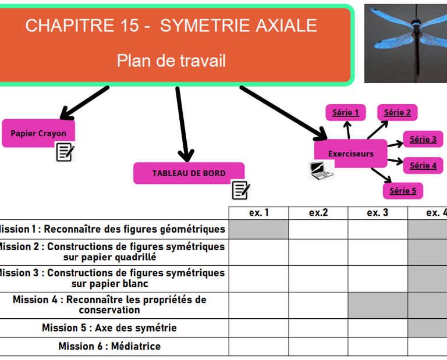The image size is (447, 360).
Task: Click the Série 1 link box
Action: (x=346, y=113)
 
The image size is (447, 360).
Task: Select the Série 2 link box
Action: (x=398, y=112)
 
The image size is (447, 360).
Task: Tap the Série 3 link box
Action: (x=423, y=139)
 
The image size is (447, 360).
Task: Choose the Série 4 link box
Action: (x=423, y=165)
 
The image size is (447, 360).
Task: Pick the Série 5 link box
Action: (x=403, y=190)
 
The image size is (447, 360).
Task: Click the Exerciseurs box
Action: (x=350, y=154)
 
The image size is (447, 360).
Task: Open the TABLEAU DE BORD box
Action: (x=189, y=173)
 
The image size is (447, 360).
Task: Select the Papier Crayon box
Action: (x=38, y=133)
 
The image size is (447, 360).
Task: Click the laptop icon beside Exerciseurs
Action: (x=320, y=170)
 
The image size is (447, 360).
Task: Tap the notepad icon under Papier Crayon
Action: (x=65, y=152)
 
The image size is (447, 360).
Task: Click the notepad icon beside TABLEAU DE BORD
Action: (x=240, y=190)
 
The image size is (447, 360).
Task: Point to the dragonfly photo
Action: (x=406, y=44)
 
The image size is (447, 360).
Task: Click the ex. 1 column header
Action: (x=258, y=213)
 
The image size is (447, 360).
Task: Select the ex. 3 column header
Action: (x=377, y=213)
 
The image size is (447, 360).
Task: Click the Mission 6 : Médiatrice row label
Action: (x=109, y=346)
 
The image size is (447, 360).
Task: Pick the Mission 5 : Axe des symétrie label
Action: (x=109, y=328)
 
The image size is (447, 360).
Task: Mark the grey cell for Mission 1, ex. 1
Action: (x=258, y=229)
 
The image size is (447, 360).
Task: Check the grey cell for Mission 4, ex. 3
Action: (x=377, y=305)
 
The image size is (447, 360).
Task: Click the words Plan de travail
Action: (x=171, y=60)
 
